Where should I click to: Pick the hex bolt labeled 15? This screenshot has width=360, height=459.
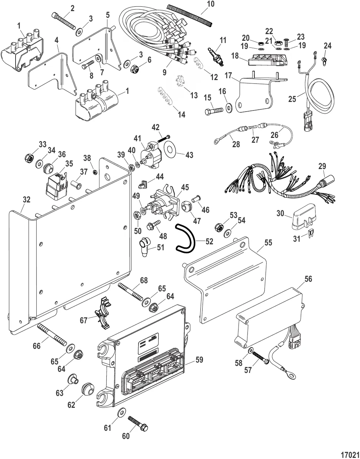click(213, 110)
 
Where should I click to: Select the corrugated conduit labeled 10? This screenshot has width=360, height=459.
click(190, 14)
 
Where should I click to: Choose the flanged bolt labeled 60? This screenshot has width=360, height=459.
click(138, 423)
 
